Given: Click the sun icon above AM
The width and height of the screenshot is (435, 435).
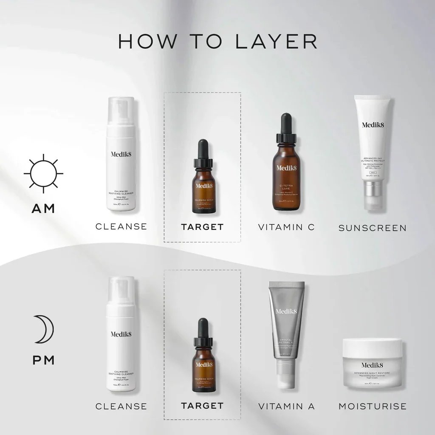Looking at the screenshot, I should coord(43,173).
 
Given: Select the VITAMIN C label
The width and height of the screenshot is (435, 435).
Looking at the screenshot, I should coord(286,227).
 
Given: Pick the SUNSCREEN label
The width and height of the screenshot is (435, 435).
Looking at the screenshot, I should coord(372,228).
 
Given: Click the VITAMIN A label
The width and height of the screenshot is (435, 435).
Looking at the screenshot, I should coord(286,407).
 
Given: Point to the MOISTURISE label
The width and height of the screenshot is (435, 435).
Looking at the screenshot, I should coord(372,407).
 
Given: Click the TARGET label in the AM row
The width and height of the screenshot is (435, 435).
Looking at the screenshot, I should coord(202,227).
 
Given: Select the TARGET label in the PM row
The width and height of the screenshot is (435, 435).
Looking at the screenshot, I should coord(202,406).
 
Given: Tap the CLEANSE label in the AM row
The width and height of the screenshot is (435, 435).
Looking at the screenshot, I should coord(121,226).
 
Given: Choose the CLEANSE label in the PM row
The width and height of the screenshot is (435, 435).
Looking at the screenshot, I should coord(121,407).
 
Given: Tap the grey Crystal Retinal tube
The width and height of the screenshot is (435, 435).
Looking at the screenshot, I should coord(286,331).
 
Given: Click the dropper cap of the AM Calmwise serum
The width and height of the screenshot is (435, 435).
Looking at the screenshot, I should coord(203,153).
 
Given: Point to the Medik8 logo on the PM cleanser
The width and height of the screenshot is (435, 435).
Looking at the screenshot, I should coord(121,334).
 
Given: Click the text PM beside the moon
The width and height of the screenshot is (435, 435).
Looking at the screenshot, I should coord(43,360).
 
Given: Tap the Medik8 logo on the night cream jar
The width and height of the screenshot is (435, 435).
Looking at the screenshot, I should coord(372,365).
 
